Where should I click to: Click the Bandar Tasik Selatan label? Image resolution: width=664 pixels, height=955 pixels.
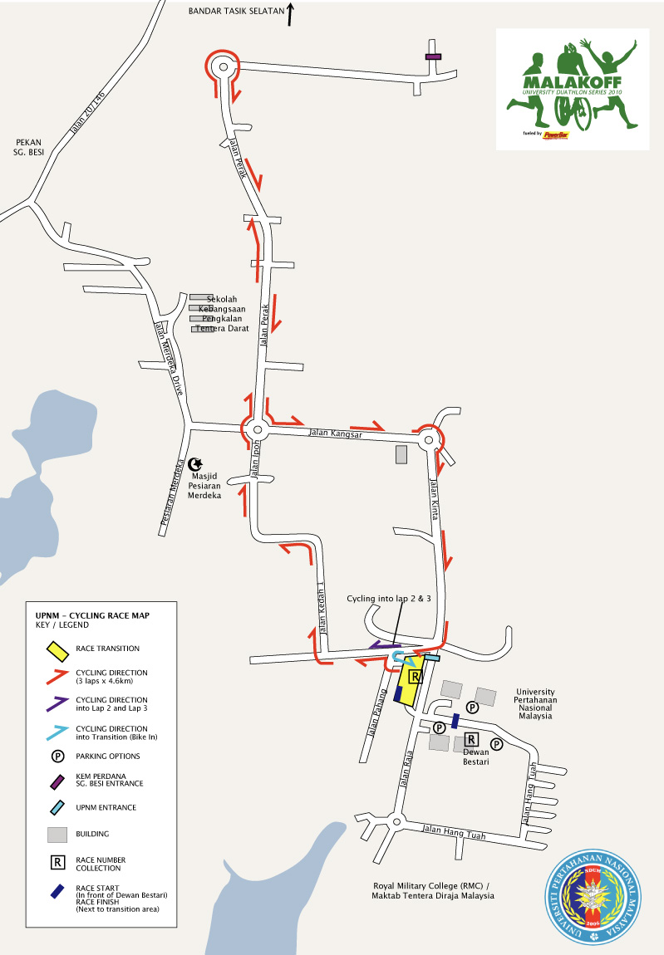click(x=235, y=12)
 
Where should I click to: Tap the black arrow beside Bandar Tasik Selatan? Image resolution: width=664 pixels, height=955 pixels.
click(x=290, y=14)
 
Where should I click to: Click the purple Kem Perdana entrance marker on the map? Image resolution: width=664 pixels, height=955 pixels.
click(x=433, y=56)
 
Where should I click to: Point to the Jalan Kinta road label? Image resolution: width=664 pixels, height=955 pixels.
click(x=435, y=499)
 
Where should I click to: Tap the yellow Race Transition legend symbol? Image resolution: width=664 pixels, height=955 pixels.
click(x=57, y=649)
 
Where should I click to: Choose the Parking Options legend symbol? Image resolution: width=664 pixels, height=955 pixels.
click(x=58, y=757)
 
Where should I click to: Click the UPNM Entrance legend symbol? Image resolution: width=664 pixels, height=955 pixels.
click(x=57, y=807)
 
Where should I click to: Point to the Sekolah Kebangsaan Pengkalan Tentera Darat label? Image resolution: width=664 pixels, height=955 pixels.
click(x=221, y=314)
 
